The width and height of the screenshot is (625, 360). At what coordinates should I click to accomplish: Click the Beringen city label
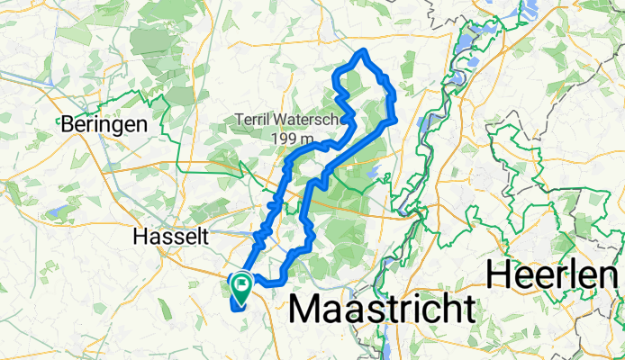coord(104,126)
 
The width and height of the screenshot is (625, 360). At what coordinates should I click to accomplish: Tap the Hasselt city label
coord(170,238)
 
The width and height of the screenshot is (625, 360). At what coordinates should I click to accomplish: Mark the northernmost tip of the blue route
coord(362,50)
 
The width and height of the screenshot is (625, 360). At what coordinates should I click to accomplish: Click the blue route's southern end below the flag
coord(236,307)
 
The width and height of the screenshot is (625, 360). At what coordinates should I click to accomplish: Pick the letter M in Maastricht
coord(309,310)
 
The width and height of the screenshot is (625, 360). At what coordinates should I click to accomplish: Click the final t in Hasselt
coord(205,238)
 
